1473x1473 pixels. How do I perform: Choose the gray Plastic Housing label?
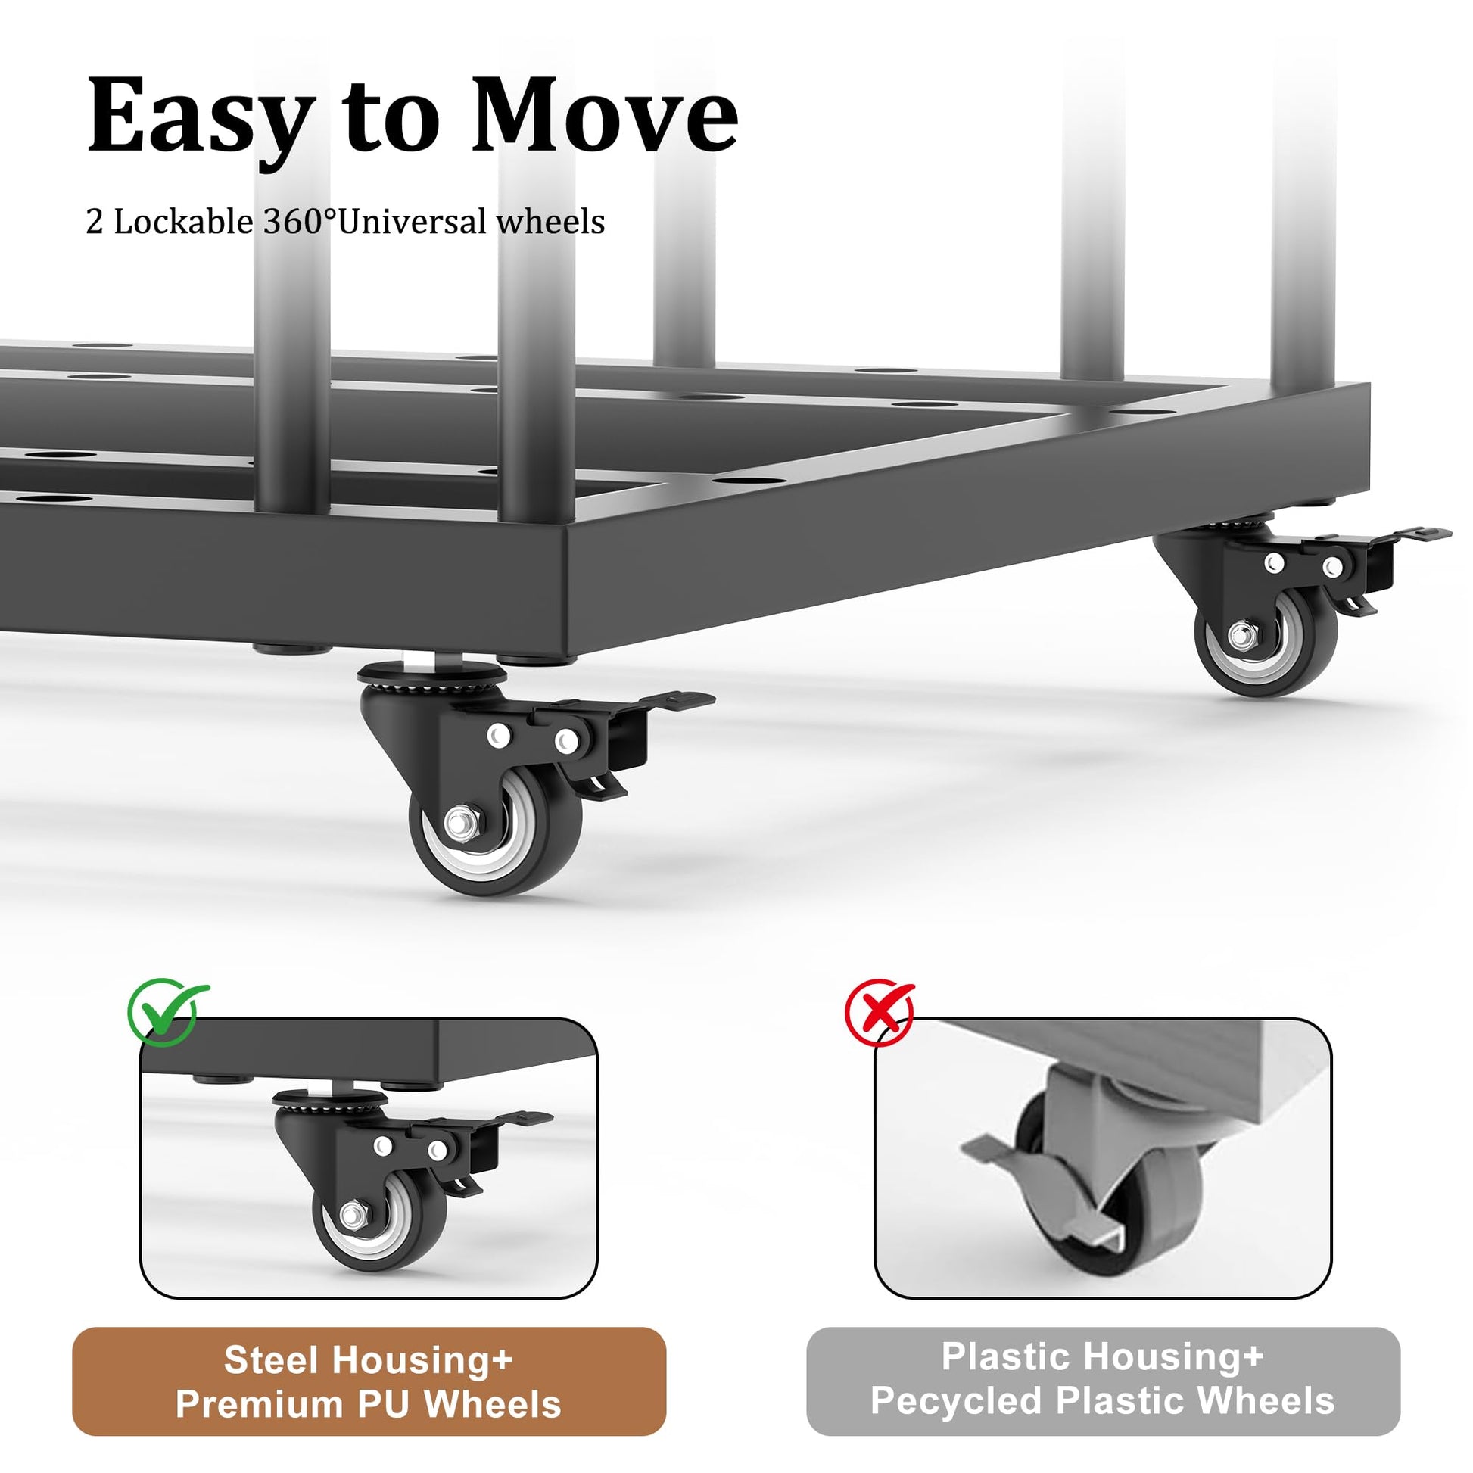pyautogui.click(x=1103, y=1380)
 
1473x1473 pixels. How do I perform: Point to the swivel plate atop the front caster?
pyautogui.click(x=431, y=673)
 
